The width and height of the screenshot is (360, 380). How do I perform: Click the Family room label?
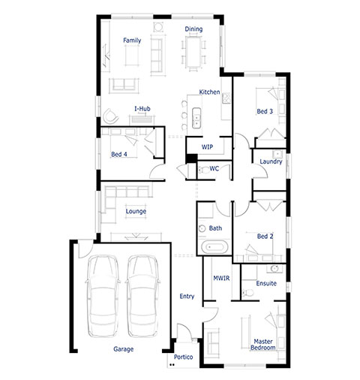point(132,41)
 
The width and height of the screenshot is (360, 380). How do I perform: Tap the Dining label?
point(193,29)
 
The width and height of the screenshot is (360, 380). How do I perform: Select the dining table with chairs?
point(193,53)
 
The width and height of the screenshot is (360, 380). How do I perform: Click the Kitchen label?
point(209,92)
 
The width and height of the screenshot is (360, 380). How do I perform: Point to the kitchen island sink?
point(196,118)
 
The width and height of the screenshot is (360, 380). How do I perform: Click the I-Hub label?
point(142,109)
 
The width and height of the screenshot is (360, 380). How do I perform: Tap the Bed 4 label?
point(119,154)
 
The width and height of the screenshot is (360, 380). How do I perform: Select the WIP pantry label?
point(207,147)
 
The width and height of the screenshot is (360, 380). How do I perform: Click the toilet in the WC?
point(204,170)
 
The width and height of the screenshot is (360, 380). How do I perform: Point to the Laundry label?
point(271,161)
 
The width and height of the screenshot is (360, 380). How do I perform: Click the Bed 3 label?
point(265,111)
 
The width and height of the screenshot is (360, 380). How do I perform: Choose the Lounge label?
point(136,211)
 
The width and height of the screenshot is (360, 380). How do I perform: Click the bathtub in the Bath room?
point(214,247)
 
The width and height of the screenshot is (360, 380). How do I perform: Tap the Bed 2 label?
point(265,236)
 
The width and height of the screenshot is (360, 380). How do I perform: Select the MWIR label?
point(221,278)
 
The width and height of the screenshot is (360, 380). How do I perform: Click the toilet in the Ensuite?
point(247,293)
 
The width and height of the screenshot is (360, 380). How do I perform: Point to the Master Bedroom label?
point(263,345)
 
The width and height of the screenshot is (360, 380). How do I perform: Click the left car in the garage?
point(103,296)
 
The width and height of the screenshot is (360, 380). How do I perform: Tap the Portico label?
point(183,357)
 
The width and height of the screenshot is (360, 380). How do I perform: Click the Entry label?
point(187,297)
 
